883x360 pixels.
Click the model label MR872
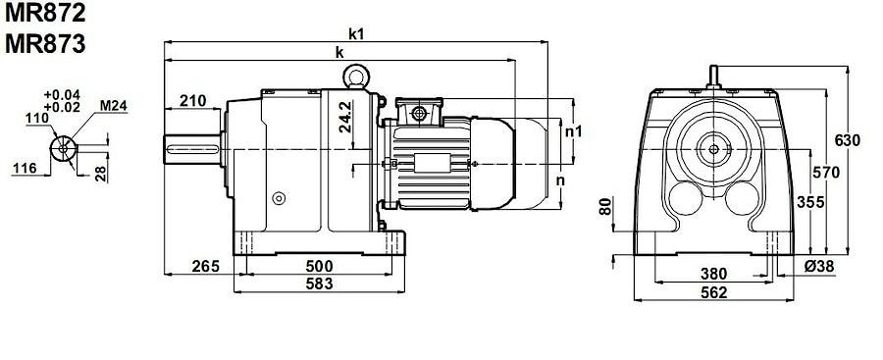(45, 13)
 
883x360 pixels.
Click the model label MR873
(45, 44)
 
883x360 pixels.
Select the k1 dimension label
(356, 33)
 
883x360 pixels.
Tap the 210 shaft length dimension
(192, 101)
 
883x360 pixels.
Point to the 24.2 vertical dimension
(345, 117)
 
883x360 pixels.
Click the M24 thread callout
(114, 105)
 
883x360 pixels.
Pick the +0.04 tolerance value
(62, 94)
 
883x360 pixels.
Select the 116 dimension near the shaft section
(25, 168)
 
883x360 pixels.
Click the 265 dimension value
(205, 266)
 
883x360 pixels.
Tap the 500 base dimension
(319, 266)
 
